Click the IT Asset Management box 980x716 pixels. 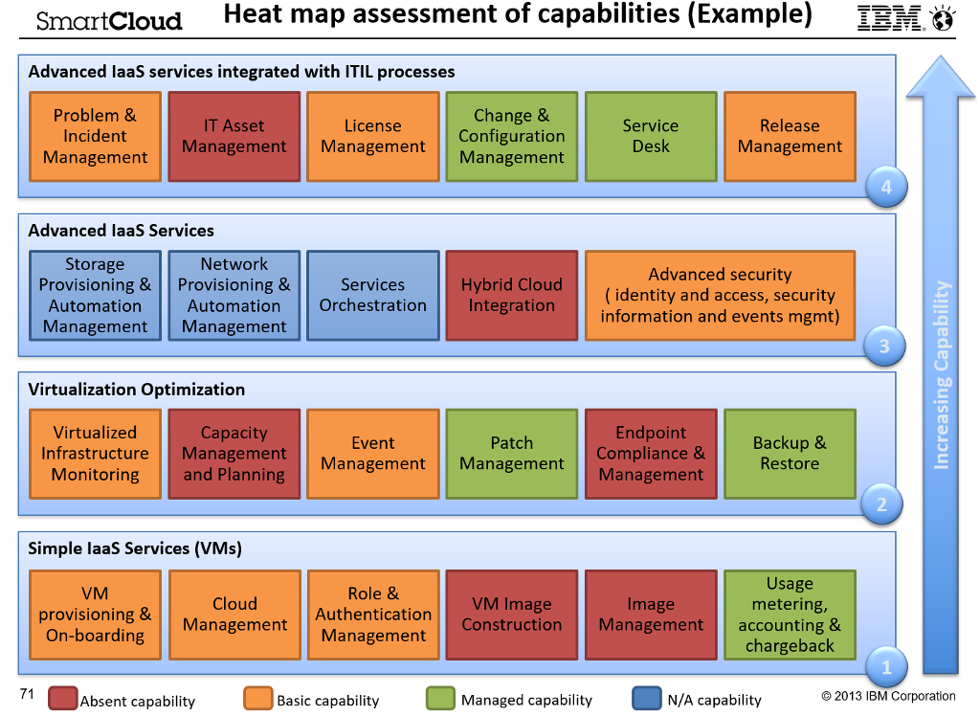click(x=234, y=136)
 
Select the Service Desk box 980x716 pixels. click(x=650, y=136)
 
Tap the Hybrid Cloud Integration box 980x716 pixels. click(x=511, y=295)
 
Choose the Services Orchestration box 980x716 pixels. click(x=372, y=295)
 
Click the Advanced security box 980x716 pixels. click(x=720, y=295)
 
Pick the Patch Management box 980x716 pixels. click(x=511, y=454)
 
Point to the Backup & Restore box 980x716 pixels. click(x=790, y=454)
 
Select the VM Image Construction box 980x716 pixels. click(x=511, y=615)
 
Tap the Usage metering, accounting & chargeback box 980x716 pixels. click(x=790, y=615)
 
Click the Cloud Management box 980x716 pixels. click(x=234, y=615)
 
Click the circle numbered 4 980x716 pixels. click(x=886, y=188)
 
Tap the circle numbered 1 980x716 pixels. click(x=886, y=666)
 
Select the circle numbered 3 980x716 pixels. click(x=884, y=347)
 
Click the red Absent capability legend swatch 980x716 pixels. click(x=62, y=699)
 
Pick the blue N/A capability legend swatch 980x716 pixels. click(x=646, y=699)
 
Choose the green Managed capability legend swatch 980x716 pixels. click(x=440, y=699)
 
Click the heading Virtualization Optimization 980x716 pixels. click(x=137, y=390)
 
